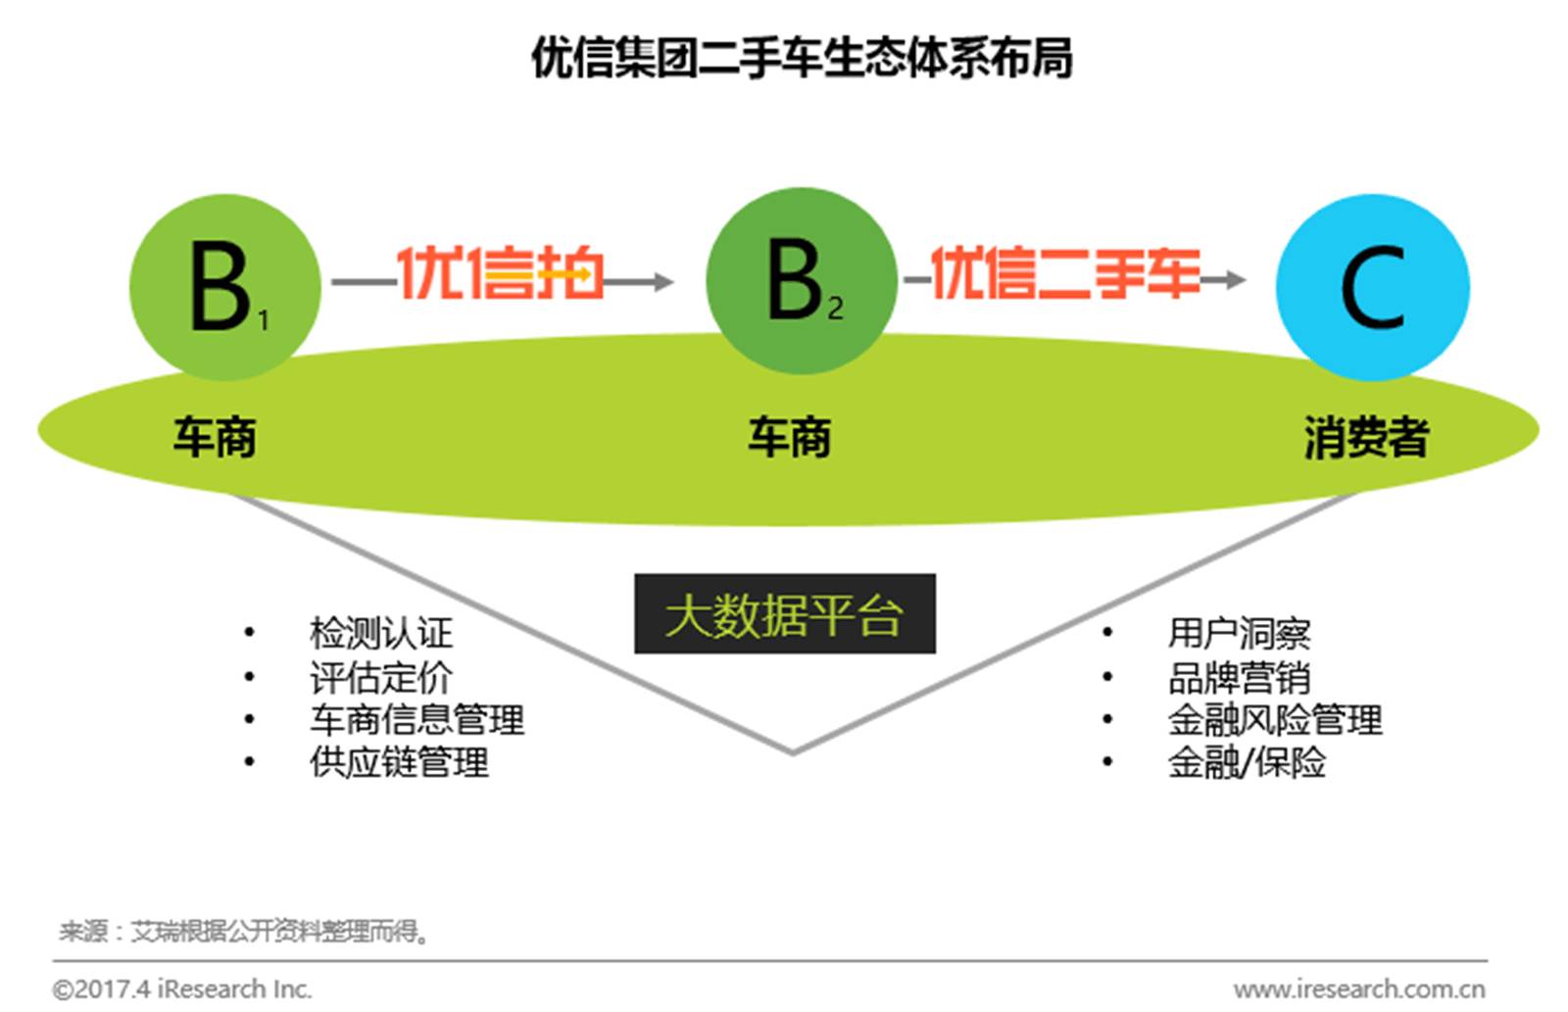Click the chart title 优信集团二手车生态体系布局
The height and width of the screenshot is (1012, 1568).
pyautogui.click(x=803, y=58)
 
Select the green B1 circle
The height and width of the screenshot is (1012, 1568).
pyautogui.click(x=225, y=287)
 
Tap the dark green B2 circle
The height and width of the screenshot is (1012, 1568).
pyautogui.click(x=802, y=280)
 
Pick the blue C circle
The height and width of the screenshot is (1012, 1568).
pyautogui.click(x=1373, y=287)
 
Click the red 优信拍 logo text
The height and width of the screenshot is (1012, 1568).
pyautogui.click(x=501, y=272)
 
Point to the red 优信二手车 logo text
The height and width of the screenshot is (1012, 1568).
pyautogui.click(x=1064, y=272)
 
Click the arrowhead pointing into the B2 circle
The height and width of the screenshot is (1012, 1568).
pyautogui.click(x=662, y=281)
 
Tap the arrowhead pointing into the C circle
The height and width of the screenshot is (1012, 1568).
pyautogui.click(x=1235, y=280)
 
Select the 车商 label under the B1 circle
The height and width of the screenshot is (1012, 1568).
pyautogui.click(x=215, y=437)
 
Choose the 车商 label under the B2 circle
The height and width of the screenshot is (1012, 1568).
pyautogui.click(x=790, y=437)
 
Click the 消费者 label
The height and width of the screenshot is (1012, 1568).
pyautogui.click(x=1366, y=437)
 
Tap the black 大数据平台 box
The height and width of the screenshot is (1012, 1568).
pyautogui.click(x=785, y=614)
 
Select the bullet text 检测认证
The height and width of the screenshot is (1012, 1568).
pyautogui.click(x=381, y=634)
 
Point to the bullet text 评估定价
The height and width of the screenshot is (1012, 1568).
pyautogui.click(x=381, y=677)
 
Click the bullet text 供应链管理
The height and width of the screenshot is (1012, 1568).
pyautogui.click(x=399, y=762)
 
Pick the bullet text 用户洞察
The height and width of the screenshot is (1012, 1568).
pyautogui.click(x=1240, y=634)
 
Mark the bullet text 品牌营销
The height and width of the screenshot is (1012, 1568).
pyautogui.click(x=1240, y=677)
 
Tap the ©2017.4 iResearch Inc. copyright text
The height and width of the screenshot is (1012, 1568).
pyautogui.click(x=182, y=989)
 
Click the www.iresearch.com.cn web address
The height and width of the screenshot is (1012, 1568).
pyautogui.click(x=1359, y=989)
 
